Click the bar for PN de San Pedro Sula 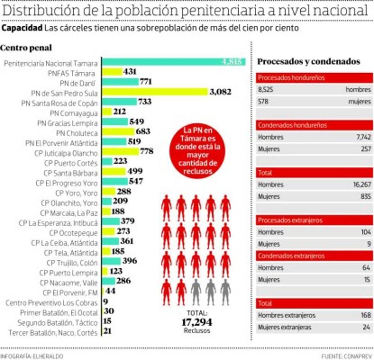pos(155,92)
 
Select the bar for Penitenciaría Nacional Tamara pos(173,62)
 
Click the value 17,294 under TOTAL pos(196,322)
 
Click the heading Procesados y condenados pos(308,62)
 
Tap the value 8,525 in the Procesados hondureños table pos(265,90)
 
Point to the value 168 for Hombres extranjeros pos(366,315)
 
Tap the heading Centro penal pos(26,48)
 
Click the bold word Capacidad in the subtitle pos(22,28)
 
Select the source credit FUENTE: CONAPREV pos(346,356)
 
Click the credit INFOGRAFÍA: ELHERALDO pos(32,356)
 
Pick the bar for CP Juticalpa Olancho pos(121,152)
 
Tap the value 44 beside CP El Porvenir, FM pos(111,291)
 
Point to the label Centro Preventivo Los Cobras pos(51,303)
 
